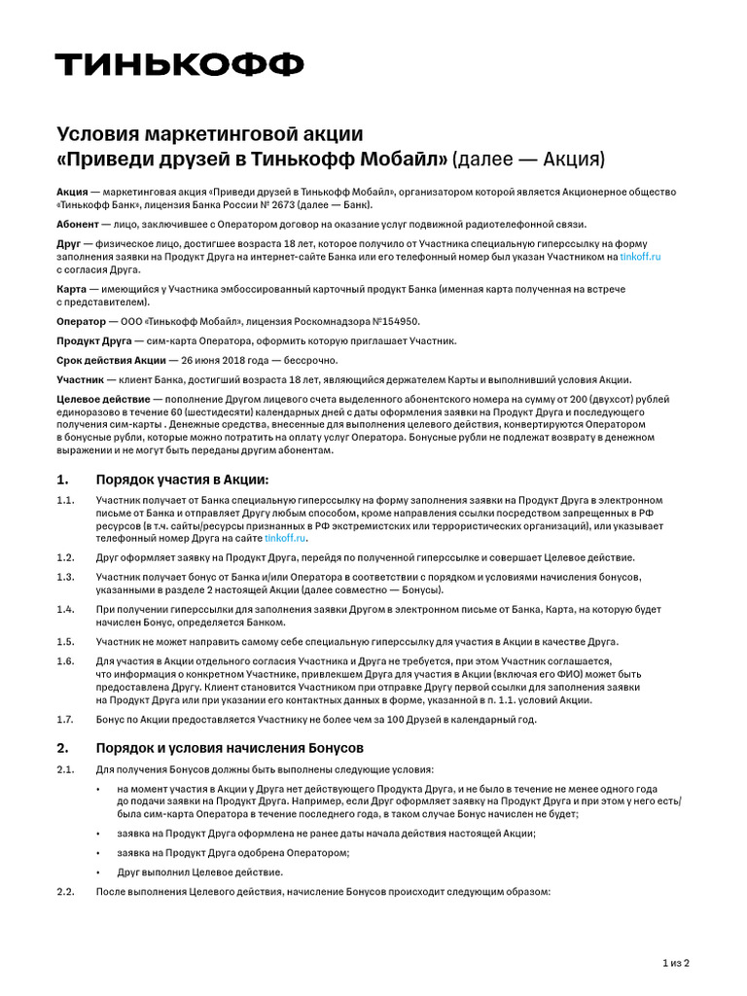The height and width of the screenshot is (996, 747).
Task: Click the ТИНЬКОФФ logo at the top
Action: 179,65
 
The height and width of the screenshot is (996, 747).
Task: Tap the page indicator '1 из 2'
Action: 675,963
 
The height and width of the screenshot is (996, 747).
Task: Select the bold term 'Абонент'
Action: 78,223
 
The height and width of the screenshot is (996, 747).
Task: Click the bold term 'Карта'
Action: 71,290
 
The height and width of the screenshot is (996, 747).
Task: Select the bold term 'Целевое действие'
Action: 102,399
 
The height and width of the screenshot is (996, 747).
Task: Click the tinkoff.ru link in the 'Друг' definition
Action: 640,257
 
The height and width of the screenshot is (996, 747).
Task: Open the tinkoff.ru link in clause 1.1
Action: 285,538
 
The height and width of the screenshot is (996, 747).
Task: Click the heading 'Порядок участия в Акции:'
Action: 181,480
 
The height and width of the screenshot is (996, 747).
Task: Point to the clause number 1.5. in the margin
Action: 65,641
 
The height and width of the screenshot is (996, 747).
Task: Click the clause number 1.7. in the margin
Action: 65,719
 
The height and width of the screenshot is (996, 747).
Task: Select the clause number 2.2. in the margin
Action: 66,892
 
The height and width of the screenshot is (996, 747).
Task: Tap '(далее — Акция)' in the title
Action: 530,158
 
